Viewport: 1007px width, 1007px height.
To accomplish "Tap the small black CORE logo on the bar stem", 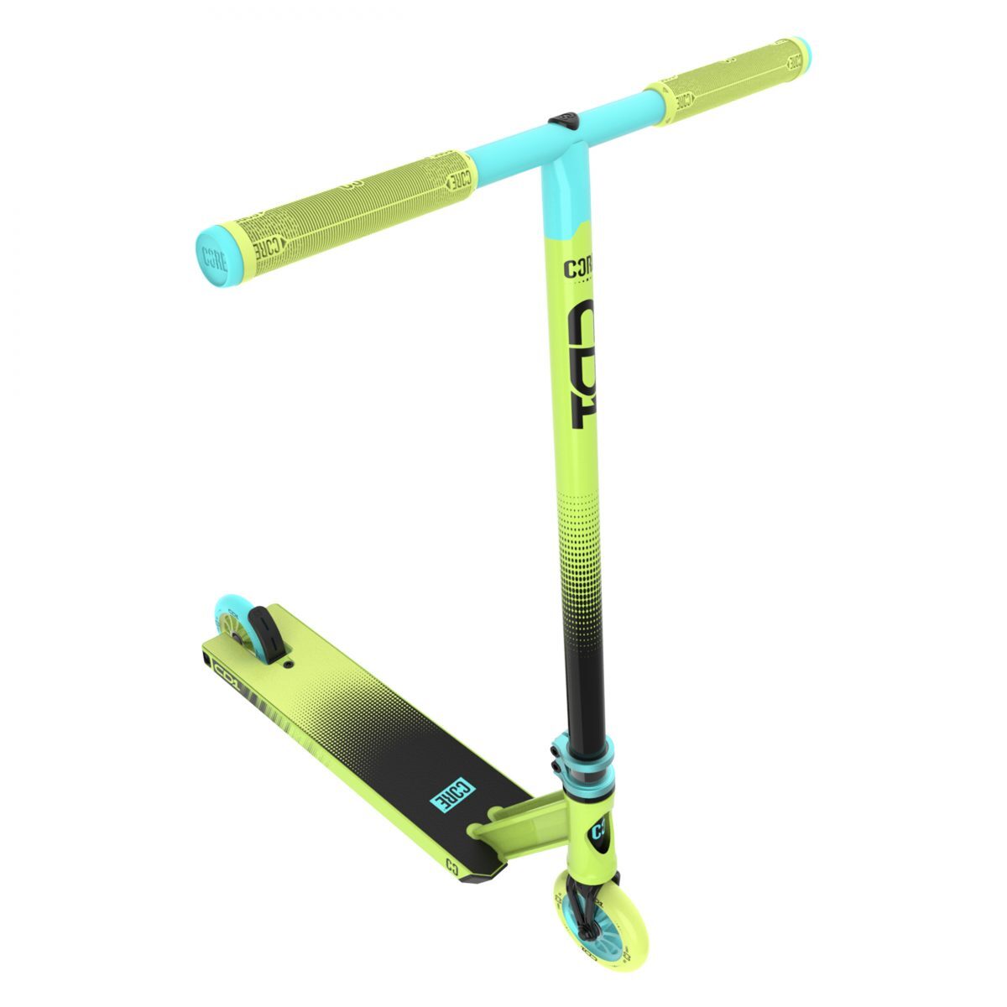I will [577, 270].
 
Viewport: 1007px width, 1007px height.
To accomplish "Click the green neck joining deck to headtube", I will [520, 827].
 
